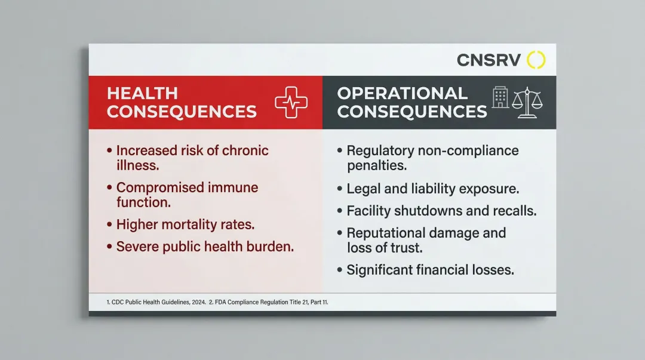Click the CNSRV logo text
coord(489,60)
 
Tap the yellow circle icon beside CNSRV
coord(536,60)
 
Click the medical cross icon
coord(291,102)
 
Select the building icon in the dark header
coord(500,97)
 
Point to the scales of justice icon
coord(527,103)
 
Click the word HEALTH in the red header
coord(142,93)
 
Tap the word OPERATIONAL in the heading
coord(403,93)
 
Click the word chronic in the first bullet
coord(245,150)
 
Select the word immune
coord(233,187)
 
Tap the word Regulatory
coord(380,151)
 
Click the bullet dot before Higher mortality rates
coord(109,224)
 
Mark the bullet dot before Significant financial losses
coord(340,270)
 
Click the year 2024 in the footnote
coord(199,302)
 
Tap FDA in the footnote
coord(220,302)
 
